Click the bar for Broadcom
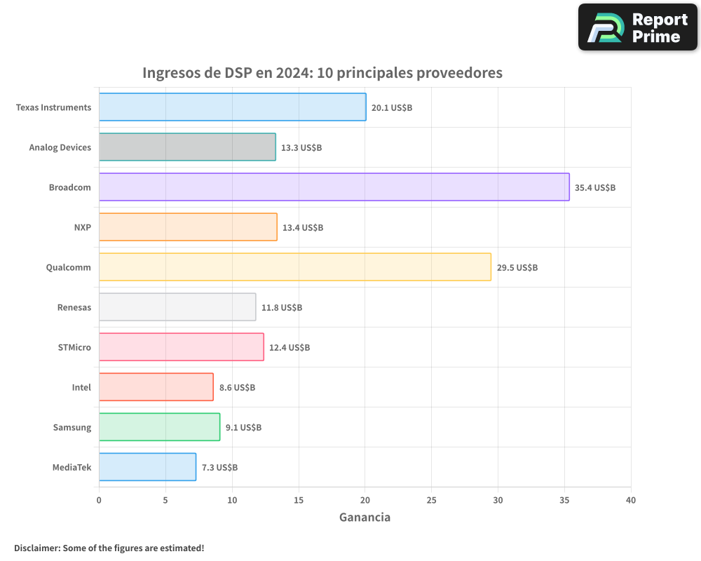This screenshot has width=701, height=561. coord(334,187)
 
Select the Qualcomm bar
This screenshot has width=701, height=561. coord(294,267)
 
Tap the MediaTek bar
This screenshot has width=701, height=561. coord(147,467)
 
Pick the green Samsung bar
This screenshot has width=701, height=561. coord(159,427)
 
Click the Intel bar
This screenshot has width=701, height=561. coord(156,387)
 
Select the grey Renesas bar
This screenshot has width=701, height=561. coord(177,307)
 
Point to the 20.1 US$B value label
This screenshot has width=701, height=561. coord(392,108)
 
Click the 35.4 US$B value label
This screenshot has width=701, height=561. coord(595,188)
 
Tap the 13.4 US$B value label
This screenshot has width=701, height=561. coord(303,228)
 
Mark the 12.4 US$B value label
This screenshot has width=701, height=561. coord(290,348)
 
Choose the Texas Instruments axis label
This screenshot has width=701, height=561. coord(53,107)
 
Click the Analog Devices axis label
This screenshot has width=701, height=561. coord(60,147)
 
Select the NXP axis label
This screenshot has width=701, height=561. coord(82,227)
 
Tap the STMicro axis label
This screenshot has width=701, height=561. coord(74,347)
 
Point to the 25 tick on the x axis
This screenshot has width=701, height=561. coord(431,500)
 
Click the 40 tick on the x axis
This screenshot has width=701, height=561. coord(631,500)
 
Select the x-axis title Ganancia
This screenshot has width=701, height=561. coord(365,518)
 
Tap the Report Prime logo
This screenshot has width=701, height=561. coord(637,27)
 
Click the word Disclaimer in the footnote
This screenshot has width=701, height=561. coord(36,548)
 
